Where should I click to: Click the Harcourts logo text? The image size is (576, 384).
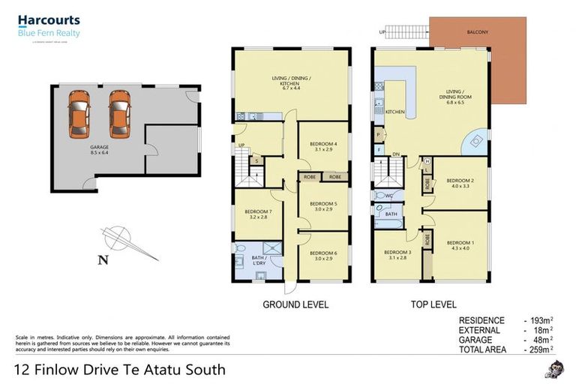point(49,21)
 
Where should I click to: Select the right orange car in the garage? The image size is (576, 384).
point(119,114)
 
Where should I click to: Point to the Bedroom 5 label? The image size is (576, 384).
point(324,203)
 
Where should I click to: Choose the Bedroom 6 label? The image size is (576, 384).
point(324,253)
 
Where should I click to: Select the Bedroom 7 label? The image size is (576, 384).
point(257,211)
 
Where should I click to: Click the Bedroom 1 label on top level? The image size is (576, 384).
point(460,243)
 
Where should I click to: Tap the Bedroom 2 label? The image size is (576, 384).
point(460,181)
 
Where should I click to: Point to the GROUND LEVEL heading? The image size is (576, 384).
point(295,304)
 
